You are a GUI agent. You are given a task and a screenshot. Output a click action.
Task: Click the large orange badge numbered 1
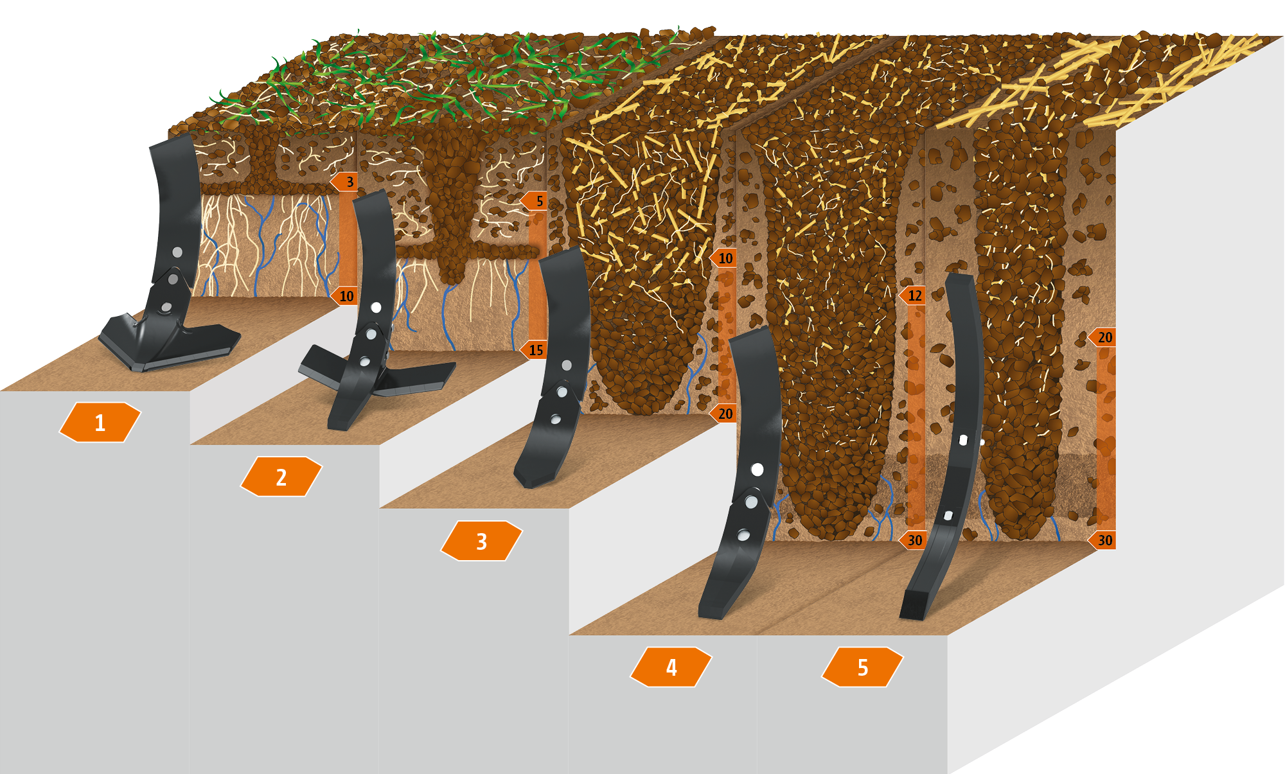(100, 422)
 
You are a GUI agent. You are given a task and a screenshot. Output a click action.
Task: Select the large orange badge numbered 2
(281, 477)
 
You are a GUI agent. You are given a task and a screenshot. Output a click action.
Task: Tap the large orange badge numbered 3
(481, 541)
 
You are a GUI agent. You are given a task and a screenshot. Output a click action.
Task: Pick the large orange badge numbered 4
(671, 667)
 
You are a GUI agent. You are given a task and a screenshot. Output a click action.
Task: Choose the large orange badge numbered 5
(862, 667)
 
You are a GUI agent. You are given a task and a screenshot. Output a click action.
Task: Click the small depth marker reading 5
(534, 201)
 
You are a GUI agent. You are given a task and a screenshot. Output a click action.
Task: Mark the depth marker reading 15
(533, 350)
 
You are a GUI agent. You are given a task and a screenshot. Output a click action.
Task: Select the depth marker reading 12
(912, 295)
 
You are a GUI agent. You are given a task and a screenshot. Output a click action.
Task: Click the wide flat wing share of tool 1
(168, 340)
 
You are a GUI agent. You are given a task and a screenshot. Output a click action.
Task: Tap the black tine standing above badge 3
(555, 366)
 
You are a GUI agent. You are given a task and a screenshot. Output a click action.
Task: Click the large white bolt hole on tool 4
(757, 470)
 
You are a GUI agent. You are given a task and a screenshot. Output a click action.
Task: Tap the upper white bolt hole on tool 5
(963, 440)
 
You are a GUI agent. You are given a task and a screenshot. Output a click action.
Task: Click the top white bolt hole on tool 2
(376, 307)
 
